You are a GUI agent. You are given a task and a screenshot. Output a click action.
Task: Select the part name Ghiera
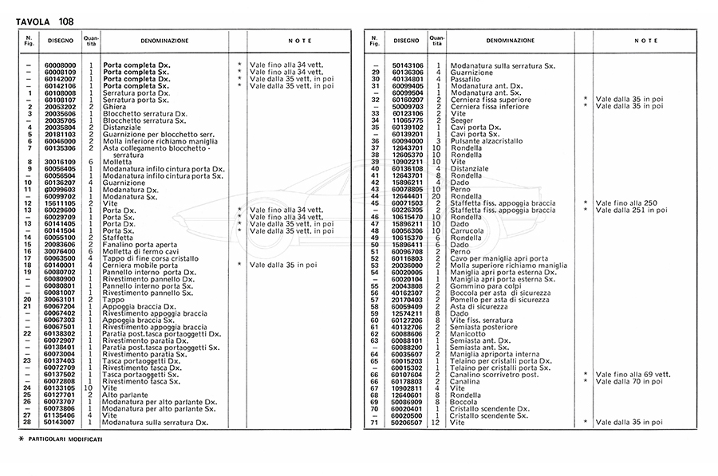(115, 106)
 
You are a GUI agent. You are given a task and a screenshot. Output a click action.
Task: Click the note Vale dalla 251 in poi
(629, 209)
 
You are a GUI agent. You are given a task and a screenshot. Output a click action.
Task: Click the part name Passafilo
(465, 79)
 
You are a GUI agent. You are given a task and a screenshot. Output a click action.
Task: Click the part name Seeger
(462, 120)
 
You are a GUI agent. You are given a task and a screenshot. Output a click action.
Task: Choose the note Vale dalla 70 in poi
(629, 380)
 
